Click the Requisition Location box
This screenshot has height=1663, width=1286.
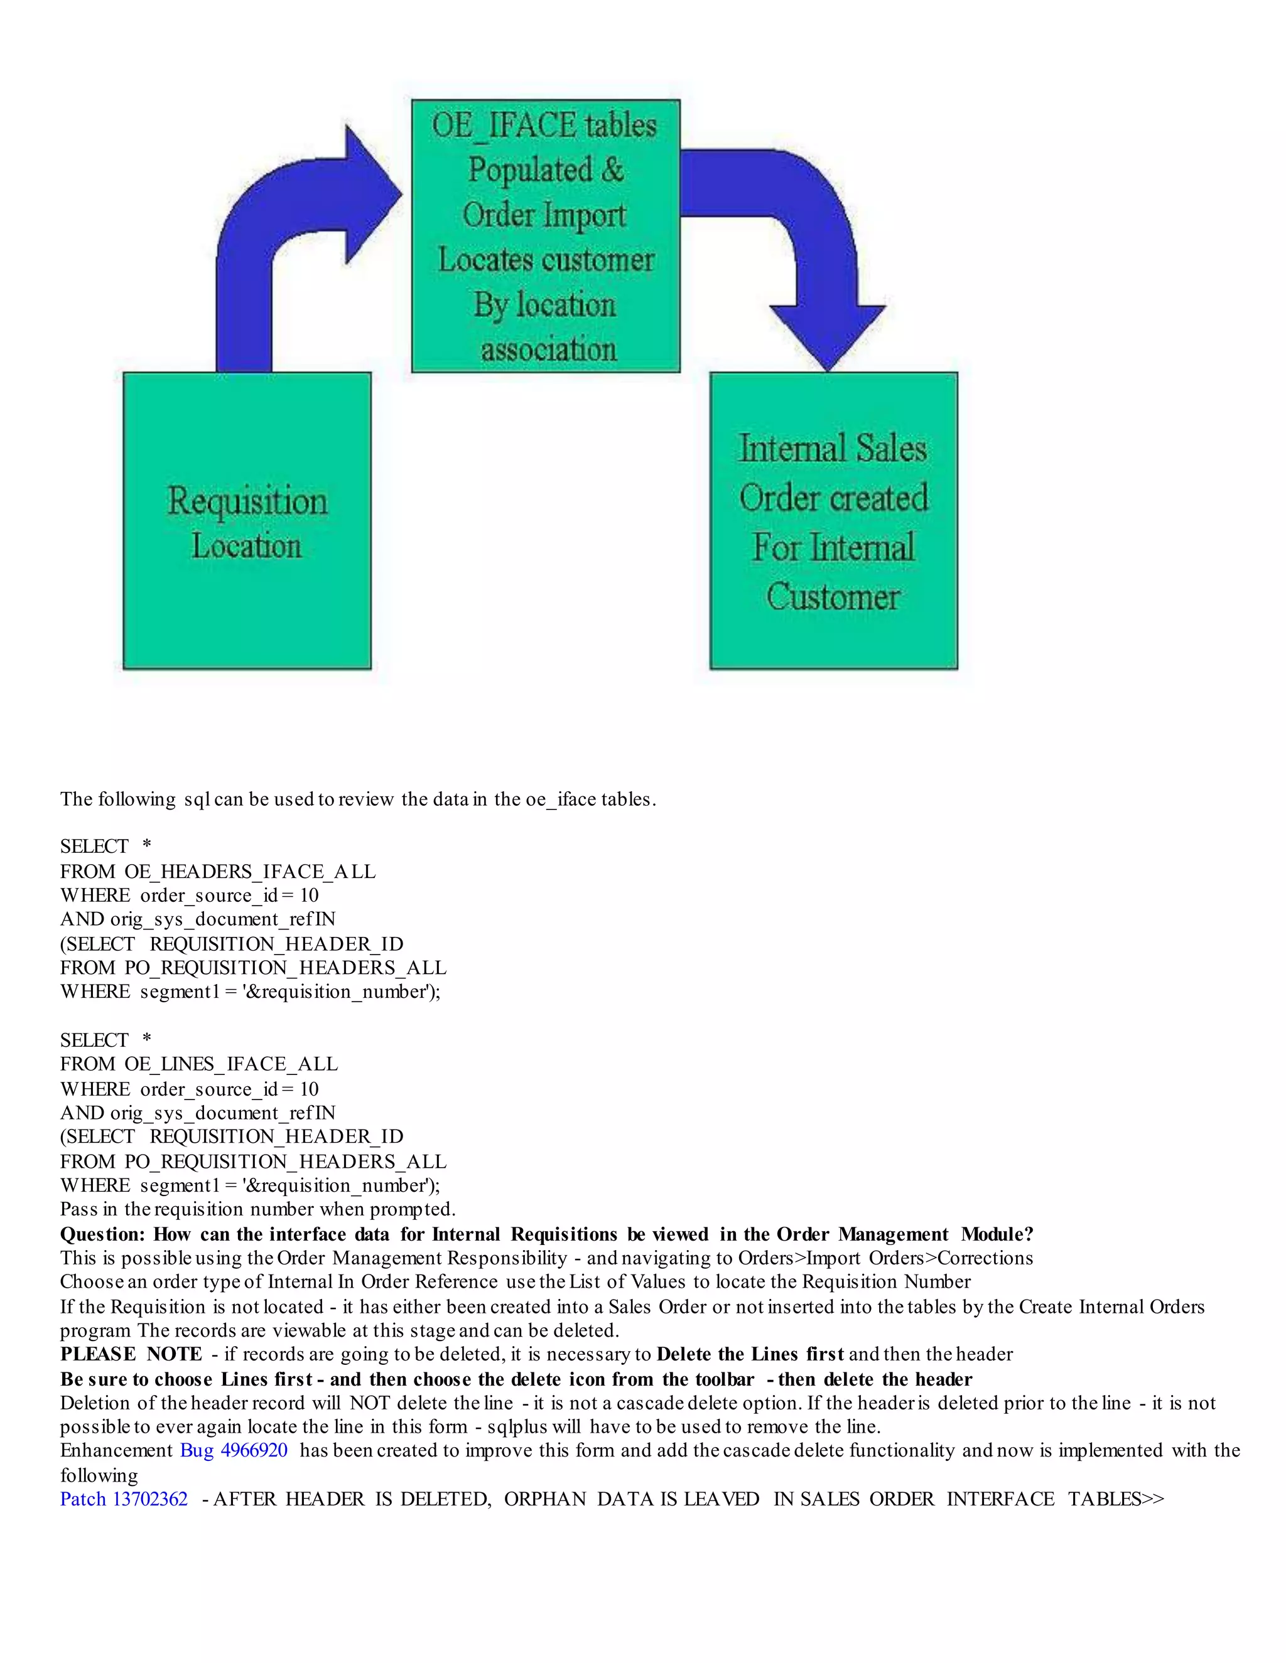click(x=247, y=521)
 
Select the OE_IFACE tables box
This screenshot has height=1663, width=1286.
click(x=546, y=236)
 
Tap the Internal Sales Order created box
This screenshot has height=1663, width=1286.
click(x=833, y=521)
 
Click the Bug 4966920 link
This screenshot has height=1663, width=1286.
click(x=234, y=1450)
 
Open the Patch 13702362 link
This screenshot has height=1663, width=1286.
click(x=124, y=1499)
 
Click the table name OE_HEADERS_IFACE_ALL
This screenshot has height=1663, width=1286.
click(x=250, y=871)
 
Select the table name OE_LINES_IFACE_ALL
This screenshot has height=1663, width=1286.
click(x=231, y=1064)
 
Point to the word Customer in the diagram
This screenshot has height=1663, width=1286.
click(x=833, y=597)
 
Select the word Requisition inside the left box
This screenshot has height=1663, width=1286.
click(x=247, y=501)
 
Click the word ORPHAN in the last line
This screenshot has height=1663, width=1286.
click(x=544, y=1499)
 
